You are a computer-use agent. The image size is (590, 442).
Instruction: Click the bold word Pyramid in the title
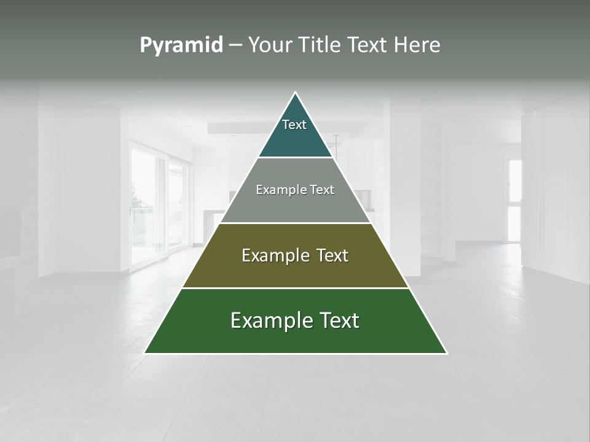pyautogui.click(x=181, y=45)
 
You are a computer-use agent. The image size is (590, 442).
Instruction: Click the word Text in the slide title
pyautogui.click(x=369, y=45)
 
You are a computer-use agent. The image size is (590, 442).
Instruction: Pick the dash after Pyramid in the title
pyautogui.click(x=235, y=45)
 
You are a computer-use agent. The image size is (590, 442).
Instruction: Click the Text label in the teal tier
pyautogui.click(x=294, y=125)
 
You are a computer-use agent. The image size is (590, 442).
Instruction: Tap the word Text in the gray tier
pyautogui.click(x=322, y=190)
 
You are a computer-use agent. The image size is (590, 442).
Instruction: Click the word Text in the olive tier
pyautogui.click(x=332, y=255)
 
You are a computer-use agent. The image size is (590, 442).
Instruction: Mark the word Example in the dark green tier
pyautogui.click(x=265, y=320)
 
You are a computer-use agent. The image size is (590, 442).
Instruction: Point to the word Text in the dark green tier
pyautogui.click(x=340, y=320)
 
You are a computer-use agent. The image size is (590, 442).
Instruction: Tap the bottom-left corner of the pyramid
pyautogui.click(x=144, y=353)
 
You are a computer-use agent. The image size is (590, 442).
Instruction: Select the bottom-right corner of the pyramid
pyautogui.click(x=447, y=353)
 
